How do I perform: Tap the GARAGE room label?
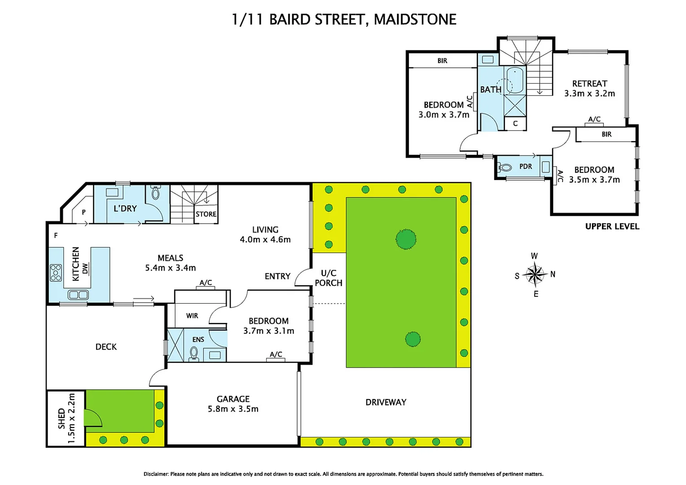point(233,399)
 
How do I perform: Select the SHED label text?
point(62,418)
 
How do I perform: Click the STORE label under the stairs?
point(206,214)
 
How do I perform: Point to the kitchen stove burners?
point(56,273)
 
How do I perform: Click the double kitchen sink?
point(78,295)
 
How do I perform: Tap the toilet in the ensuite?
point(194,353)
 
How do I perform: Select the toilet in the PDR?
point(506,168)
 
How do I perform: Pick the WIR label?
point(192,316)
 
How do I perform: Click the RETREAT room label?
point(589,84)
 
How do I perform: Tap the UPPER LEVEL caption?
point(612,226)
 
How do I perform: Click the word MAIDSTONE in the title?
point(415,19)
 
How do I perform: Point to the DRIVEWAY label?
point(386,402)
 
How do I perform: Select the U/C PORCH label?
point(329,278)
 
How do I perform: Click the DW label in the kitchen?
point(85,269)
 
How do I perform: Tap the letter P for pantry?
point(84,212)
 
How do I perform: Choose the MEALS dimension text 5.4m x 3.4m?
point(170,268)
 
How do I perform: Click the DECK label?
point(106,347)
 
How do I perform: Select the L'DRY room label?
point(125,208)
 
